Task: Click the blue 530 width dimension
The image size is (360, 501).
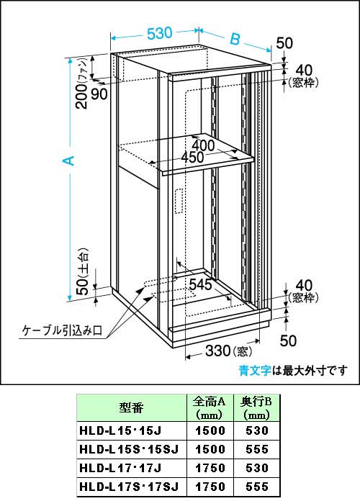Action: point(160,33)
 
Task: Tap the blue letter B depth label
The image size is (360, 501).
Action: point(235,39)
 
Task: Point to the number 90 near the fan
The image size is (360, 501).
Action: point(99,94)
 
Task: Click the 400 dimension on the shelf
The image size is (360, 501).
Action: point(203,145)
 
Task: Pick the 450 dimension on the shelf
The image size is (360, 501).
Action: point(192,157)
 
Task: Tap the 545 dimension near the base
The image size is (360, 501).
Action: point(200,284)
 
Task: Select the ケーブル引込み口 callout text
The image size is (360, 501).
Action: point(62,330)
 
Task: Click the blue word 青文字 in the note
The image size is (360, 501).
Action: point(255,371)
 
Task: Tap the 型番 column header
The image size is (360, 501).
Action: point(132,407)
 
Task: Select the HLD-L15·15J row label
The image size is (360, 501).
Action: point(120,430)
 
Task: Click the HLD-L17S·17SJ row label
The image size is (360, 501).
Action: point(129,487)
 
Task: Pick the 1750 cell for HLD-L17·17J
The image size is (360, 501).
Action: point(210,468)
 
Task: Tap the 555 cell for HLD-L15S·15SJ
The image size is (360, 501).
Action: point(257,449)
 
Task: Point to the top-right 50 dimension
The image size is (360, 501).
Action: point(284,43)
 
